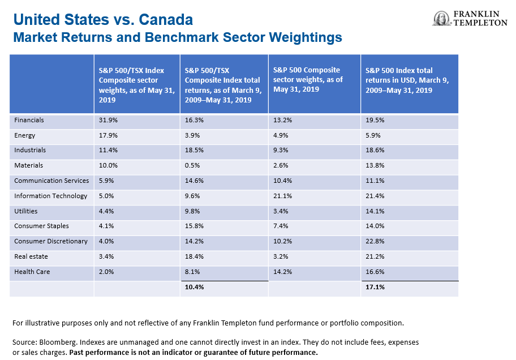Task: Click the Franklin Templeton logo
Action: [x=470, y=19]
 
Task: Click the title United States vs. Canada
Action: [x=103, y=20]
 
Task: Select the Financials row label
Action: [x=29, y=120]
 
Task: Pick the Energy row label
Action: [x=25, y=135]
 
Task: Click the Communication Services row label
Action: [x=51, y=181]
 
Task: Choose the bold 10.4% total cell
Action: [x=194, y=288]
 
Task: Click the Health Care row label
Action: [x=32, y=272]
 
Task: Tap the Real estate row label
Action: [x=31, y=256]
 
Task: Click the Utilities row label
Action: [x=26, y=211]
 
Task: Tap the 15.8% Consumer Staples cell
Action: [x=194, y=226]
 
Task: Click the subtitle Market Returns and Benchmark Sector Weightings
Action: [x=178, y=38]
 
